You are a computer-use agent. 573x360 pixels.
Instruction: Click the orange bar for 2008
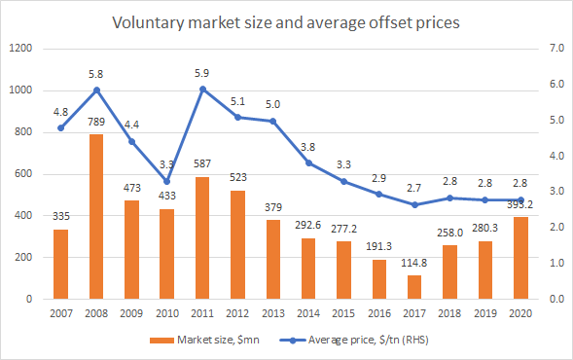[x=96, y=217]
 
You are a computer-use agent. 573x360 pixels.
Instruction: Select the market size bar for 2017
[x=414, y=287]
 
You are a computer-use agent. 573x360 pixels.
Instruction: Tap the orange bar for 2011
[x=202, y=238]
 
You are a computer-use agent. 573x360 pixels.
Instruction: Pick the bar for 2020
[x=520, y=258]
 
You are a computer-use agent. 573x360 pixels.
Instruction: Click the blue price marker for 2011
[x=203, y=90]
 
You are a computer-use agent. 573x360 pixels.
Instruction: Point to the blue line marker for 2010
[x=167, y=181]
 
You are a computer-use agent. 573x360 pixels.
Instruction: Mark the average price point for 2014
[x=308, y=163]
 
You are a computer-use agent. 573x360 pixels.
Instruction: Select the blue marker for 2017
[x=414, y=204]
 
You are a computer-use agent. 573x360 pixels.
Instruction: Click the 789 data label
[x=96, y=122]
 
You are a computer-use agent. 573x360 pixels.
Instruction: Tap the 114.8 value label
[x=414, y=263]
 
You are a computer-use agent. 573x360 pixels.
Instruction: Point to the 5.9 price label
[x=201, y=74]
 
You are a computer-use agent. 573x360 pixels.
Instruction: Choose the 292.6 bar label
[x=308, y=225]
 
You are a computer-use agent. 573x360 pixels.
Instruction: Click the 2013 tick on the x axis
[x=273, y=313]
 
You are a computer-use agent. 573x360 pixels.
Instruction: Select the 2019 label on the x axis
[x=485, y=313]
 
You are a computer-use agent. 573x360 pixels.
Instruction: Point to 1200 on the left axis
[x=20, y=49]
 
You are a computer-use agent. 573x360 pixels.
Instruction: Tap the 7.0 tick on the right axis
[x=556, y=49]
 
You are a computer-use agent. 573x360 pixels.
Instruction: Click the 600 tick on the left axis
[x=23, y=173]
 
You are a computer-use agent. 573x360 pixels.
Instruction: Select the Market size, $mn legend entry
[x=204, y=340]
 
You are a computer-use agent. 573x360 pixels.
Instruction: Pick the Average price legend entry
[x=354, y=340]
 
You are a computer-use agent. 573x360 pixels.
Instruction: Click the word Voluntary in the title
[x=148, y=23]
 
